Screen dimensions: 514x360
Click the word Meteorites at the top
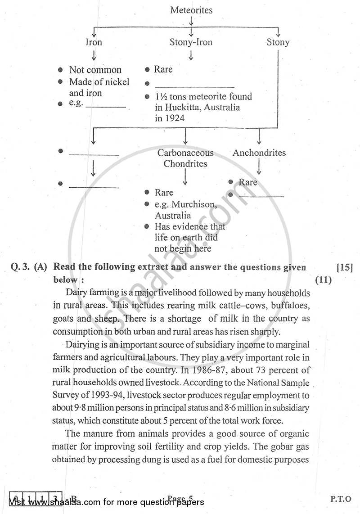coord(191,10)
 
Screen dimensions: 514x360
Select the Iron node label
coord(94,42)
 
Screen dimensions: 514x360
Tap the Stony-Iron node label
coord(191,42)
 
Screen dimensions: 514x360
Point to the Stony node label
coord(278,42)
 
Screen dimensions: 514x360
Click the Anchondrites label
coord(259,153)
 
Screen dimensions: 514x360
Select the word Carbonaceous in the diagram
coord(185,153)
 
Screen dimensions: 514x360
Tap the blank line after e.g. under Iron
coord(106,107)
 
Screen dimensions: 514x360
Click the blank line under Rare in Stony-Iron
coord(194,87)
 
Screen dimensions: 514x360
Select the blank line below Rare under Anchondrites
coord(261,197)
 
